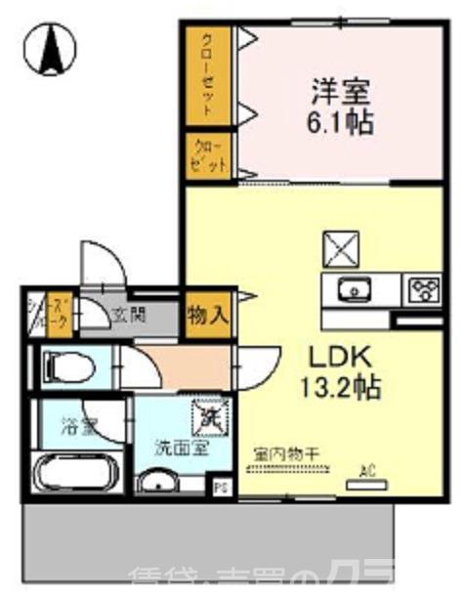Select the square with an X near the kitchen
click(343, 249)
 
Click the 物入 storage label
click(208, 316)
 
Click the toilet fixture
click(68, 368)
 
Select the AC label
click(367, 471)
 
